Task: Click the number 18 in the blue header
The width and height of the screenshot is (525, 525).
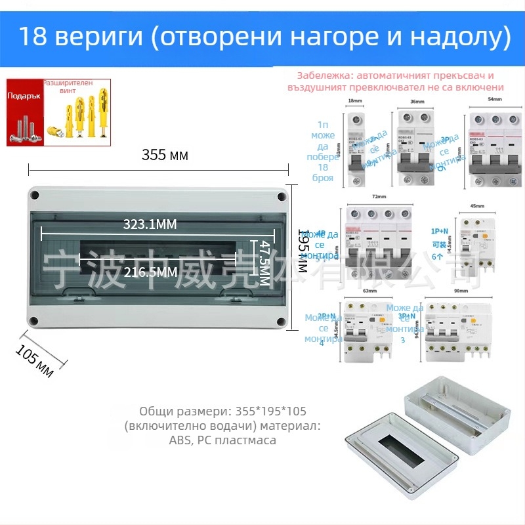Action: (x=31, y=37)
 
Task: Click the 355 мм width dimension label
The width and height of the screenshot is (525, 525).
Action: (x=165, y=156)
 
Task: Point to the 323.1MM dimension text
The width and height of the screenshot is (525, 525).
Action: (x=150, y=224)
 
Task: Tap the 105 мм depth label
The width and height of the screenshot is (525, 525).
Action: (x=35, y=361)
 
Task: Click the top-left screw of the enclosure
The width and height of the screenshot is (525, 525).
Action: (x=35, y=196)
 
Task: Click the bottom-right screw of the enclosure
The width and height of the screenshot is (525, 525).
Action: (x=280, y=322)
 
